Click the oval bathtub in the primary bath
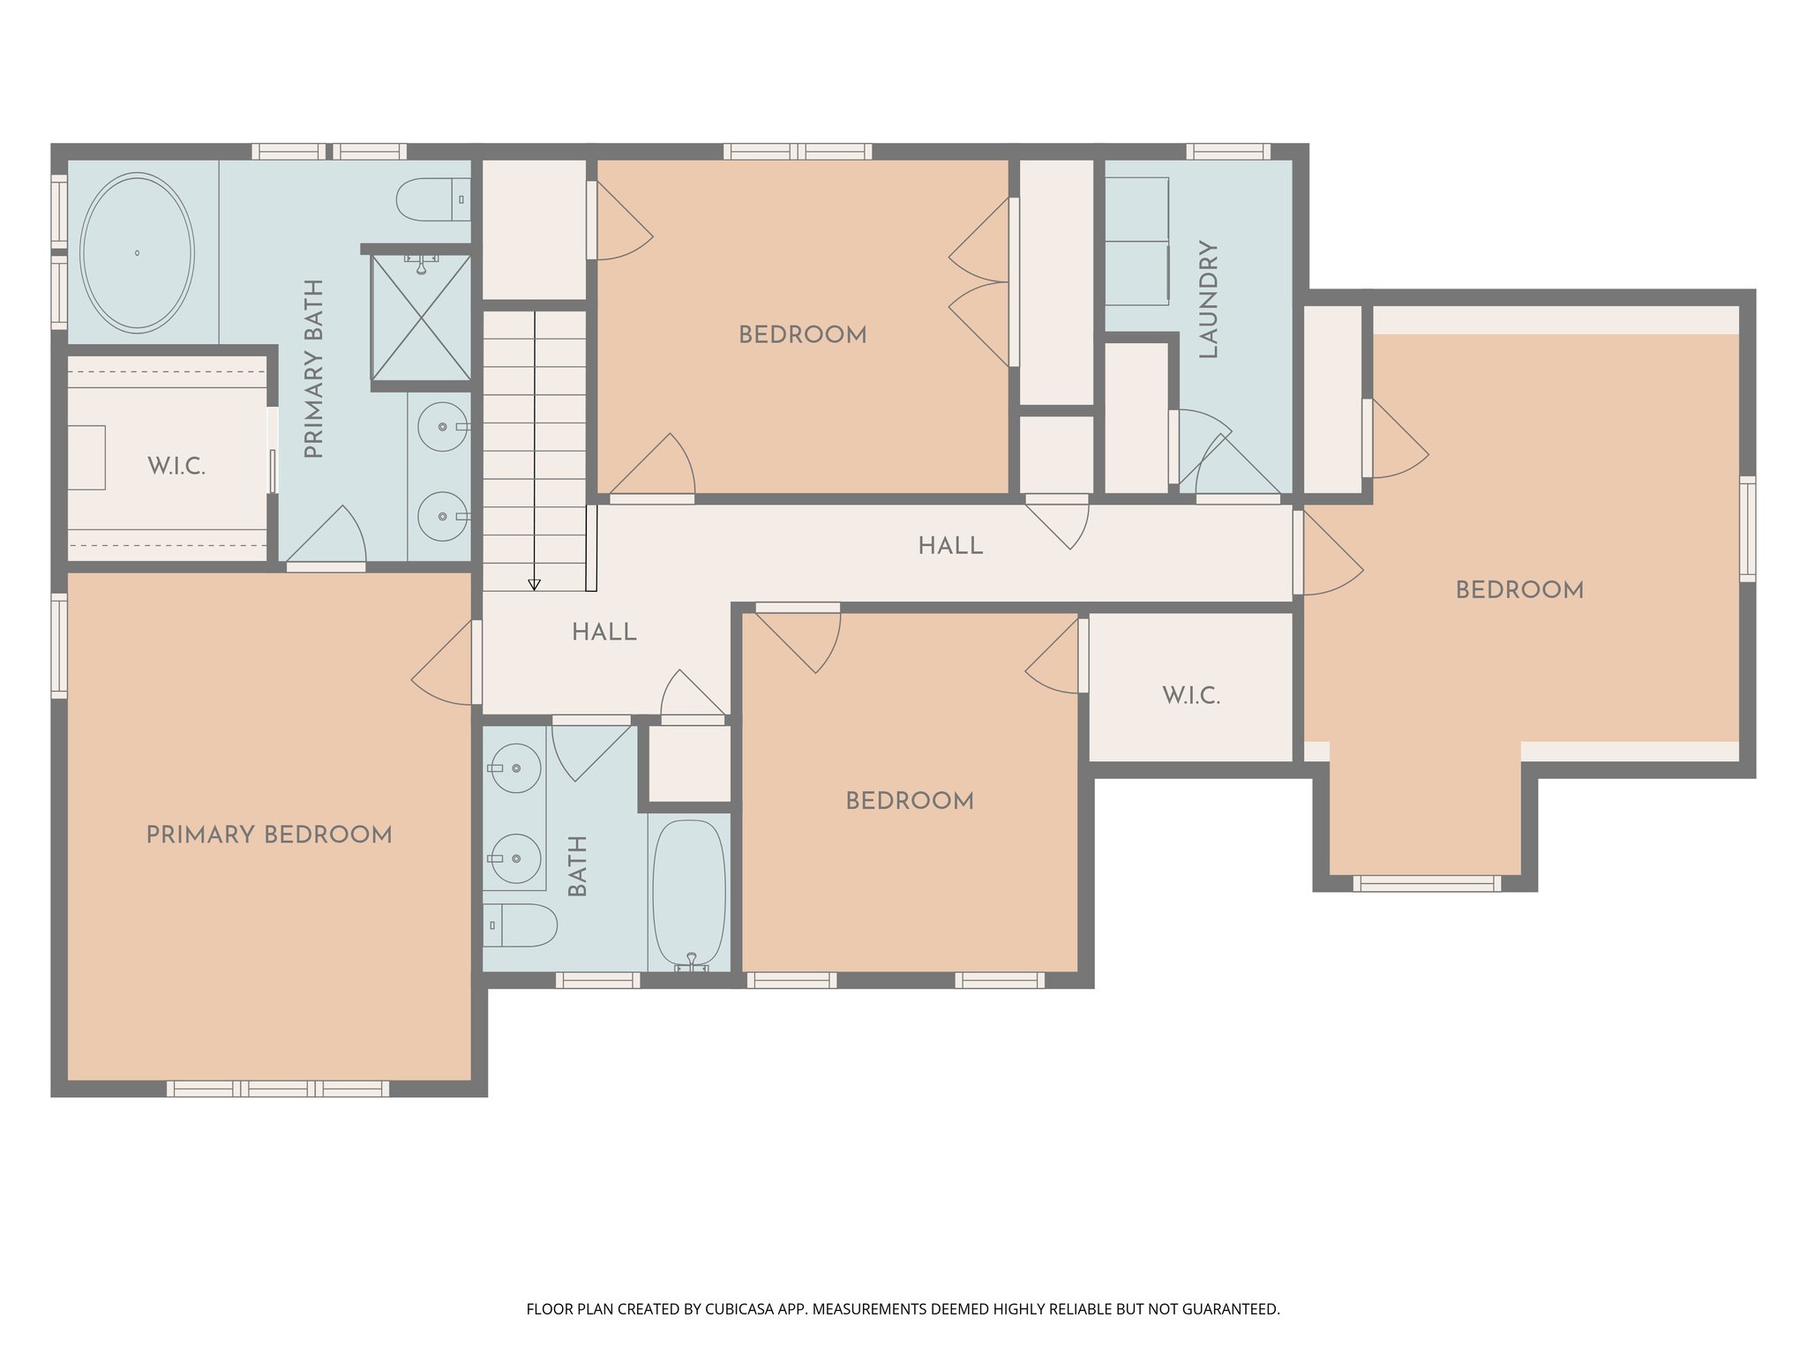click(x=137, y=252)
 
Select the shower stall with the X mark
click(x=421, y=318)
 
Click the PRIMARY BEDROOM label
click(x=269, y=835)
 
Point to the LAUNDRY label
click(x=1209, y=299)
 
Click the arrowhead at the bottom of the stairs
click(x=534, y=584)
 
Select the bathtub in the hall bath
click(x=689, y=893)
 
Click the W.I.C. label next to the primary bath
click(x=176, y=467)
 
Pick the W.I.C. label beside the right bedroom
click(x=1191, y=695)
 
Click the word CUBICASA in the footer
click(x=739, y=1309)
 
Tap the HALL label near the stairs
click(x=604, y=632)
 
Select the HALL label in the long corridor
click(x=950, y=546)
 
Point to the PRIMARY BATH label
click(x=314, y=369)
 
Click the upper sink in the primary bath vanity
click(x=442, y=427)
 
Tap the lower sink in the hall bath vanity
click(x=515, y=857)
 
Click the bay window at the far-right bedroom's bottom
click(x=1426, y=883)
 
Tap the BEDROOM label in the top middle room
click(x=802, y=335)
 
